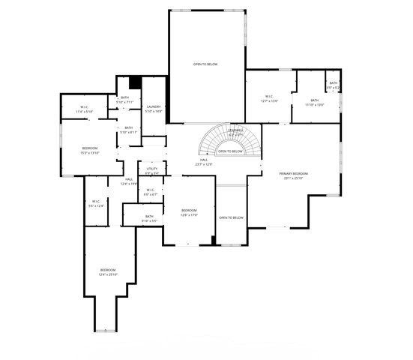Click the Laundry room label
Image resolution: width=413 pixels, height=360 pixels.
coord(154,109)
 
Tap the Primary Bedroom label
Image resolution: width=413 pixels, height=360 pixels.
coord(294,175)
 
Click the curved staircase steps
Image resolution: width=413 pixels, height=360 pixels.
coord(214,139)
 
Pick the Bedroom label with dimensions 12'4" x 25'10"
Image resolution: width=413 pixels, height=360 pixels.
coord(108,272)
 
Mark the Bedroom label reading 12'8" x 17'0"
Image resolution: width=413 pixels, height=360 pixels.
coord(189,212)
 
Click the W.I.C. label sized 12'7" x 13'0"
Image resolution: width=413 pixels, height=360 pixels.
coord(269,98)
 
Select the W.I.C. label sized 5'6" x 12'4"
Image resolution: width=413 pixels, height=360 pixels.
coord(96,203)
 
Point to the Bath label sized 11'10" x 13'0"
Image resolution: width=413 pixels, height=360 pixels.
coord(315,103)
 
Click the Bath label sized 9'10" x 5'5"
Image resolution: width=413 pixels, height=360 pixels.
coord(149,219)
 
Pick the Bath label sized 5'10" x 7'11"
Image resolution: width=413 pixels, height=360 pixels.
coord(125,100)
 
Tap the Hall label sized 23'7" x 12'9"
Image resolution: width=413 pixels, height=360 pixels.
coord(204,162)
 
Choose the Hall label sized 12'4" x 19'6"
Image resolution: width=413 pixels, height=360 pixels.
coord(129,181)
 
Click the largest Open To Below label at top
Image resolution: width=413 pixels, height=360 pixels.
coord(205,64)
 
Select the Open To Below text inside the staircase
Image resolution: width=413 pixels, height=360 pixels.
coord(230,151)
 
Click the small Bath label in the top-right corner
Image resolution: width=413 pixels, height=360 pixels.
coord(333,85)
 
